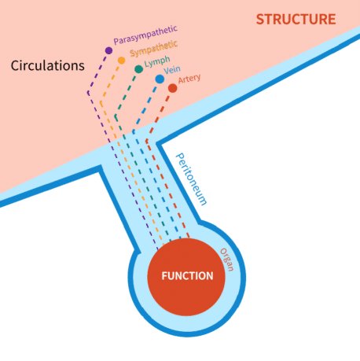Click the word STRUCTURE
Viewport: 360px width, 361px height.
(x=296, y=20)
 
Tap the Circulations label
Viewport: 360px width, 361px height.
(x=48, y=65)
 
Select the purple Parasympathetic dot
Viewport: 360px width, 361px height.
(x=108, y=50)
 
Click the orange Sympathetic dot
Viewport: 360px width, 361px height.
(x=121, y=61)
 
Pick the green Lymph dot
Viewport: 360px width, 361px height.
(x=138, y=69)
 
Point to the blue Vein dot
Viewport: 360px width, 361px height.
(x=160, y=79)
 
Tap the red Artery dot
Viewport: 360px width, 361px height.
(x=172, y=88)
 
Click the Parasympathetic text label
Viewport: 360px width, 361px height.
(x=145, y=35)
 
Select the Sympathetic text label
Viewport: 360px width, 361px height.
(x=154, y=49)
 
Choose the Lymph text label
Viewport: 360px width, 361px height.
(x=157, y=61)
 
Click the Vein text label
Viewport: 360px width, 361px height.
(x=172, y=70)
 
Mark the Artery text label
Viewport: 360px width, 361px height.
(x=189, y=79)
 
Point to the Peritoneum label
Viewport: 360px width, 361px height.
(x=191, y=179)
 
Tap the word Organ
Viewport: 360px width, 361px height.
(x=227, y=260)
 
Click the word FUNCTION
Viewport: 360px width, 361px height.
(x=187, y=276)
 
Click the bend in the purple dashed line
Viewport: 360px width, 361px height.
(x=88, y=93)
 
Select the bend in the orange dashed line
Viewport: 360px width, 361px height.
(x=101, y=102)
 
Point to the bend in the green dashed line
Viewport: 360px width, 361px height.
(x=116, y=116)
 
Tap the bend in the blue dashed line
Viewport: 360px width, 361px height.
(x=134, y=131)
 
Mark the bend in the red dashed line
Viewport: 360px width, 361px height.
(x=147, y=141)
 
